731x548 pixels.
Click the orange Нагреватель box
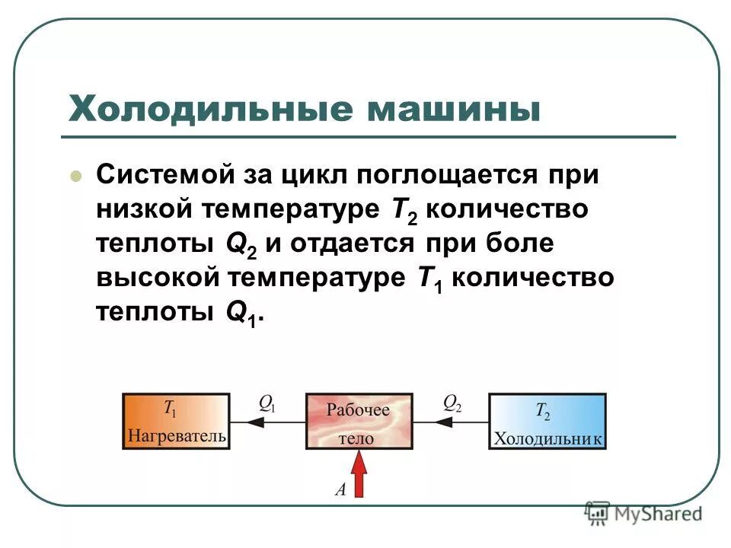click(x=176, y=421)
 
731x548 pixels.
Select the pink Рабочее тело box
click(x=359, y=421)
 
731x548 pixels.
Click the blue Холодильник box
click(x=547, y=421)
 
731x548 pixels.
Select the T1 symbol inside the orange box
click(x=170, y=409)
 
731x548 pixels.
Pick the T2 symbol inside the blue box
click(x=543, y=412)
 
